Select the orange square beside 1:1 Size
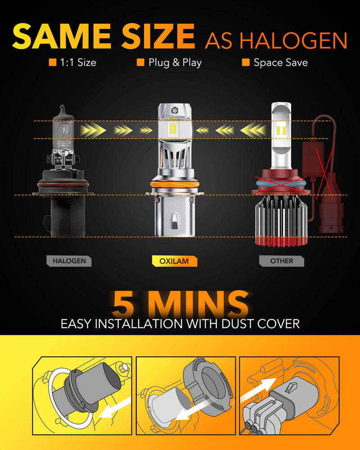coord(53,63)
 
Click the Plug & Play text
coord(175,63)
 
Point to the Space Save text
coord(280,63)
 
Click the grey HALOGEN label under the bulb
coord(69,261)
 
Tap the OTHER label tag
coord(282,261)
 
